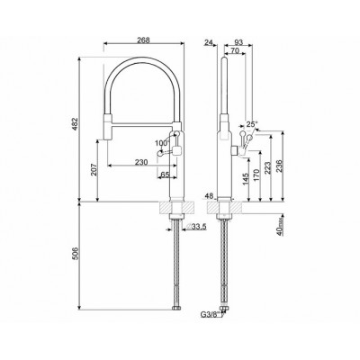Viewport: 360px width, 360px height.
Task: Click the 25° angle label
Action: pos(252,124)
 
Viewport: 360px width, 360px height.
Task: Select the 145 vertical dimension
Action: pos(245,176)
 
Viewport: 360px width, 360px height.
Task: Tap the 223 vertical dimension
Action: pos(268,166)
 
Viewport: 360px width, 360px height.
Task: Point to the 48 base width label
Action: pos(210,196)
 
